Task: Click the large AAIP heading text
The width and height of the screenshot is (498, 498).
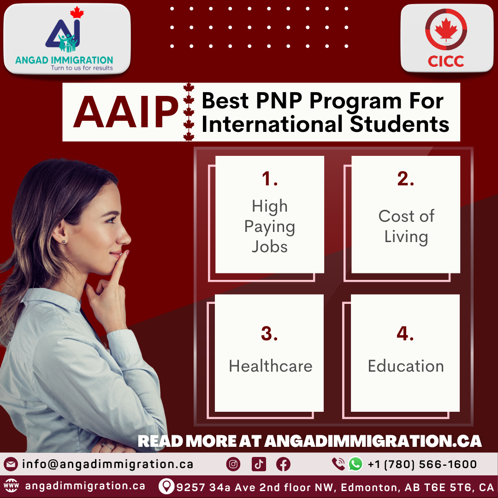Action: (125, 112)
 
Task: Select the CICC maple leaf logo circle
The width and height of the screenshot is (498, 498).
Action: (446, 30)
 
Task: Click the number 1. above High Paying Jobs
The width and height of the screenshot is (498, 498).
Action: (270, 179)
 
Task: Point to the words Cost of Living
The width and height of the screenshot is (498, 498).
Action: (406, 226)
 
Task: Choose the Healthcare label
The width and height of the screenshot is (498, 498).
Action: (270, 366)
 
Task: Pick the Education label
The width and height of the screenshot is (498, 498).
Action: (406, 366)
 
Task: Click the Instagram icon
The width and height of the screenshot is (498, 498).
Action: (233, 464)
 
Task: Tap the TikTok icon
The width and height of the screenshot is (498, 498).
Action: (259, 464)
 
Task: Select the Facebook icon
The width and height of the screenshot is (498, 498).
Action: (283, 464)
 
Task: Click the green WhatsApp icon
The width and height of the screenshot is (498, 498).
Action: (356, 464)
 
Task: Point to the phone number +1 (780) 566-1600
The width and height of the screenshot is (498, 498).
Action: (422, 464)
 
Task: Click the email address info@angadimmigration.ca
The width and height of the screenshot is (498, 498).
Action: (107, 464)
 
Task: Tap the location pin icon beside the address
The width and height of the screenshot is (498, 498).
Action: (166, 486)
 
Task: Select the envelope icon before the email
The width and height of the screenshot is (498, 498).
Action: (11, 464)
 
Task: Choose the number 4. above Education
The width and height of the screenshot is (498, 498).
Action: (405, 334)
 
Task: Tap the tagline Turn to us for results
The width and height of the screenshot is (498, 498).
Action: (82, 68)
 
